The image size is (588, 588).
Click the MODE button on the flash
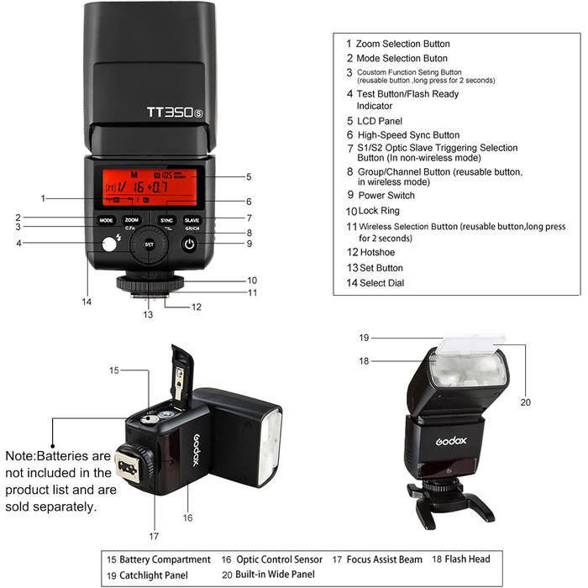pyautogui.click(x=106, y=219)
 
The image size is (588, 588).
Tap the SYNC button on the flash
pyautogui.click(x=166, y=219)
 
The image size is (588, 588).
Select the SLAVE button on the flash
pyautogui.click(x=192, y=219)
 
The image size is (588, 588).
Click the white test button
pyautogui.click(x=108, y=246)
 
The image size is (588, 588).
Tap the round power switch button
pyautogui.click(x=191, y=245)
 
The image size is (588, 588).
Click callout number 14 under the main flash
pyautogui.click(x=87, y=301)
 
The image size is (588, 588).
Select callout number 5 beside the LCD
pyautogui.click(x=249, y=176)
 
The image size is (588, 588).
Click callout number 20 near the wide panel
pyautogui.click(x=525, y=402)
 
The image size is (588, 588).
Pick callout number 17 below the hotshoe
pyautogui.click(x=154, y=534)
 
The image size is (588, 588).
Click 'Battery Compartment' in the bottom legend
pyautogui.click(x=165, y=559)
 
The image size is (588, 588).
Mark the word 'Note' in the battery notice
pyautogui.click(x=20, y=454)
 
